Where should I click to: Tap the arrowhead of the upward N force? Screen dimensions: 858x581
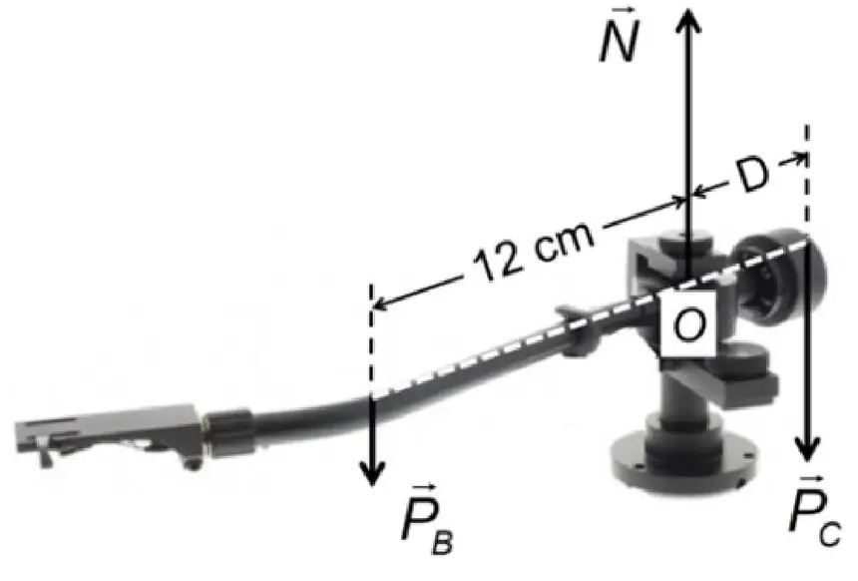point(688,21)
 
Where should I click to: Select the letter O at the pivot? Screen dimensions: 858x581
point(687,324)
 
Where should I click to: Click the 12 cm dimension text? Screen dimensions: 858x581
point(534,251)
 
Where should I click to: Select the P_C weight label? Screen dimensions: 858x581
point(815,510)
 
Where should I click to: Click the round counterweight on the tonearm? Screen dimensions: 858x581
point(781,277)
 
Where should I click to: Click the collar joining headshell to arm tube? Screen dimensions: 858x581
point(228,432)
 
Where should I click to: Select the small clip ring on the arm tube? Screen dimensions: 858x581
point(577,331)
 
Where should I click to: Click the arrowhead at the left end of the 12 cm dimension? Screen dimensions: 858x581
point(379,303)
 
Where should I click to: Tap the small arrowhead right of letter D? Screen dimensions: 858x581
point(800,160)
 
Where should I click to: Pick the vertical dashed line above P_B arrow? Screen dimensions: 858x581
point(371,339)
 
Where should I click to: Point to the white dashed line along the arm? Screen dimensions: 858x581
point(590,317)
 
